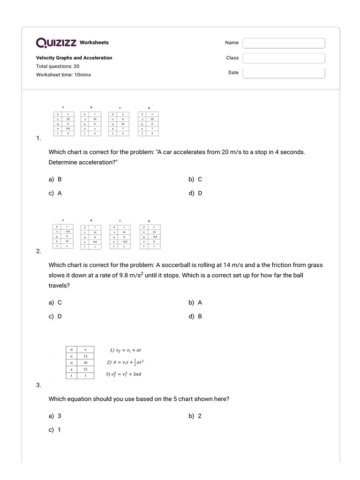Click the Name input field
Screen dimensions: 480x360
[x=284, y=43]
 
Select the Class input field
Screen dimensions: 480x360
[x=284, y=58]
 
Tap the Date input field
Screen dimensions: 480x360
[x=284, y=73]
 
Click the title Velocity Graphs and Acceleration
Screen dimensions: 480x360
[x=74, y=58]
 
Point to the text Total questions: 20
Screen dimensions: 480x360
[x=58, y=66]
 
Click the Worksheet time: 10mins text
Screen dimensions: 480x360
[x=63, y=75]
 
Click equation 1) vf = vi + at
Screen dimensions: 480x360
[x=125, y=350]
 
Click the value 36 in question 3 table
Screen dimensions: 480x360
[x=85, y=362]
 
